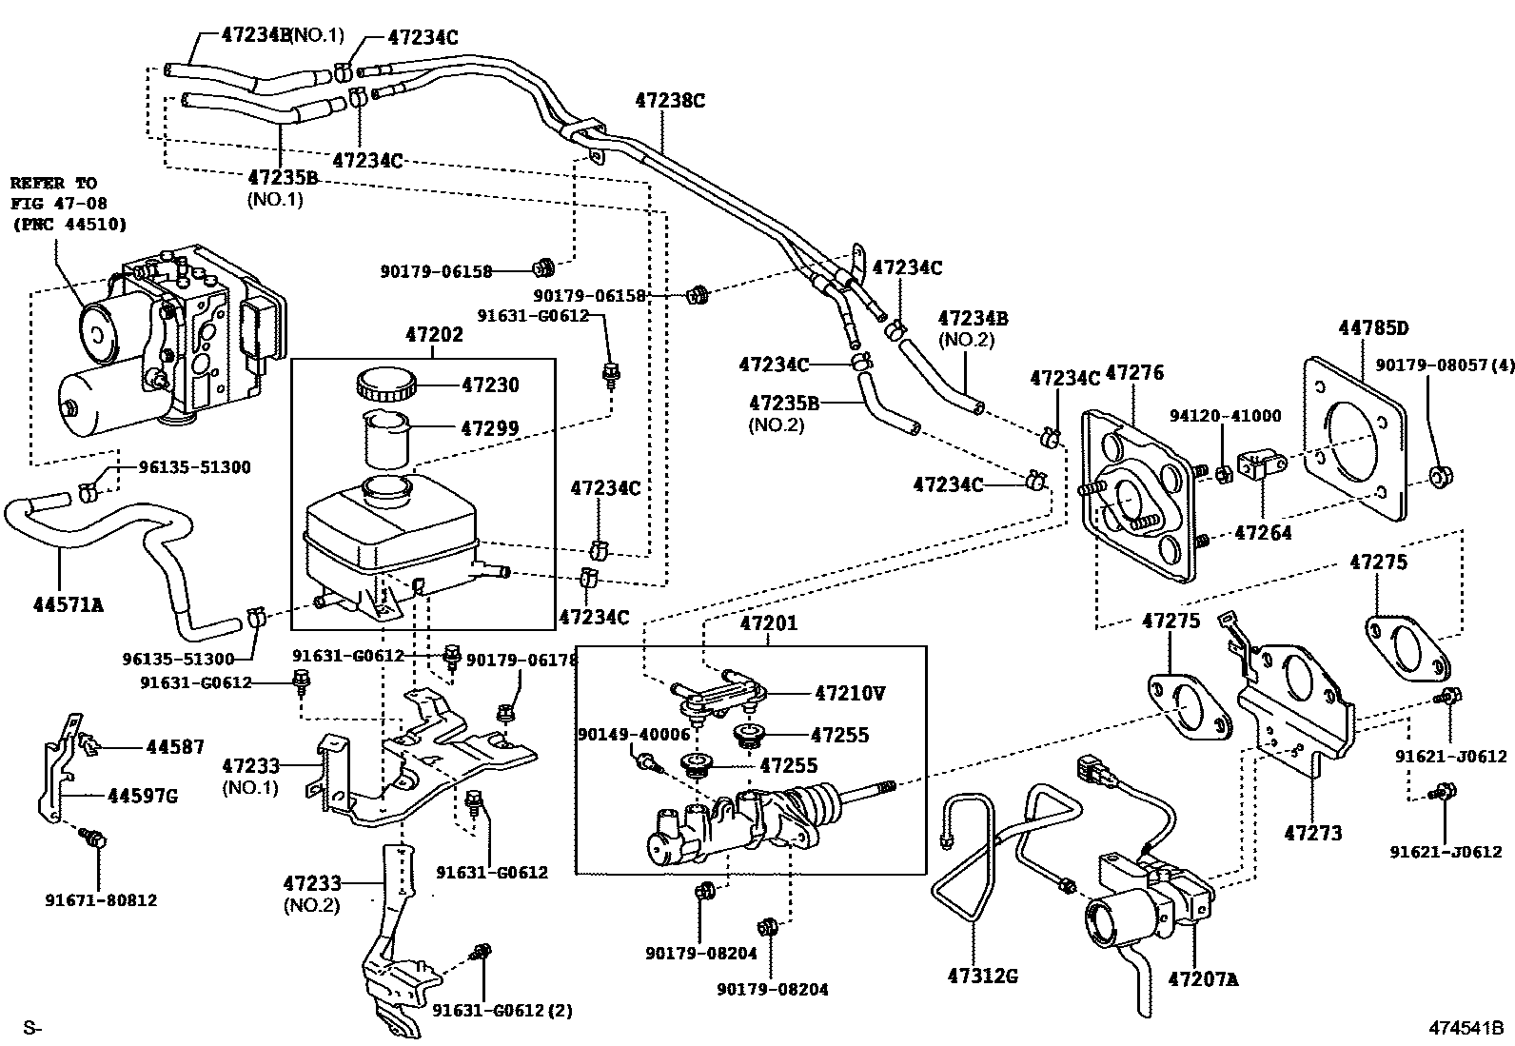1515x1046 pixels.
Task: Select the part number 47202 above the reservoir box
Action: pos(433,335)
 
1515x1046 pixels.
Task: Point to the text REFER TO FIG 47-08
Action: pos(58,193)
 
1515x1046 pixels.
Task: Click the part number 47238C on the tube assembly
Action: pos(670,101)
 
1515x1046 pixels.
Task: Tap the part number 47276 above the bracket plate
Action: pos(1134,373)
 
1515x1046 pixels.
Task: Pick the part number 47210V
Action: pos(849,694)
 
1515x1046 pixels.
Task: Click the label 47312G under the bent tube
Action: pos(982,976)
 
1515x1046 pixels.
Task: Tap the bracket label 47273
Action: pos(1312,833)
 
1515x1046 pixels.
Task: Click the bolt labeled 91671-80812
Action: pos(94,839)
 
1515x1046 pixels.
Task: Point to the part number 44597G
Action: pos(143,795)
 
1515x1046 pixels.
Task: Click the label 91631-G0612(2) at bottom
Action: pos(502,1011)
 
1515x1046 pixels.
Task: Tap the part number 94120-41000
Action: pos(1225,416)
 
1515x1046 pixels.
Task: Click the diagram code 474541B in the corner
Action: pos(1465,1028)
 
